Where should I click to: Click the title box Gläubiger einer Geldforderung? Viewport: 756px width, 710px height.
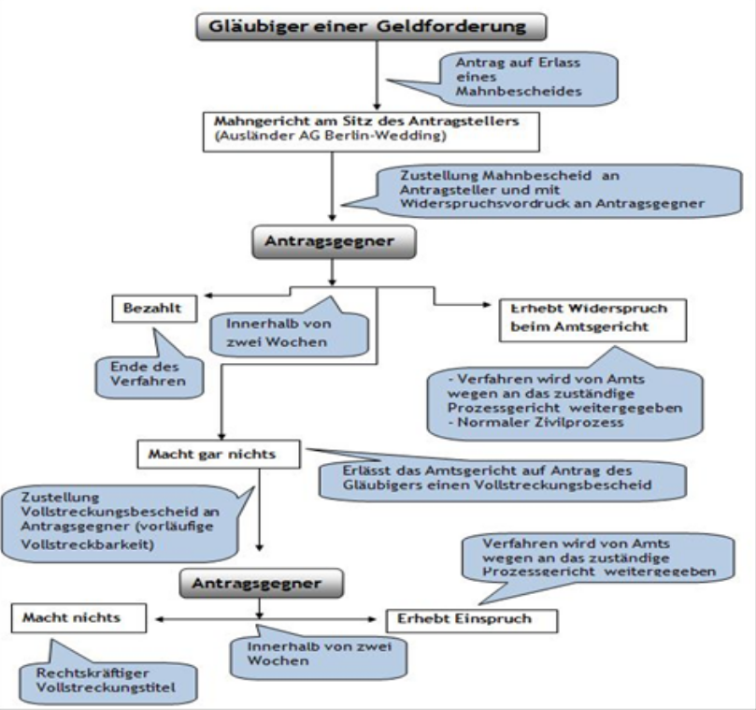(x=372, y=25)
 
